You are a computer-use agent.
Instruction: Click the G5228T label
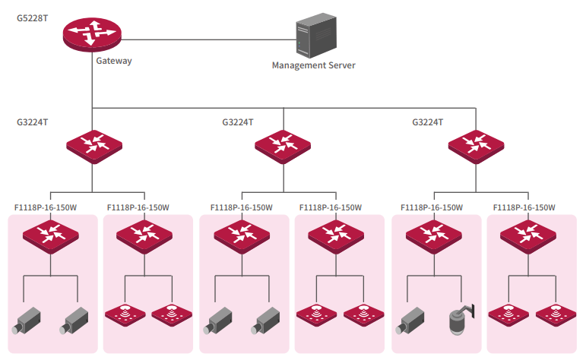click(32, 17)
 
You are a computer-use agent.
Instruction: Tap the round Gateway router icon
click(92, 33)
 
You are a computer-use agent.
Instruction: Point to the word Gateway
click(114, 61)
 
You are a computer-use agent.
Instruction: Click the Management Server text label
click(314, 65)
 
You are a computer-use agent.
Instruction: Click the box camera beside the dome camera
click(411, 320)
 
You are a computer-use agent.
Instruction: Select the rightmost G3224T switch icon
click(476, 144)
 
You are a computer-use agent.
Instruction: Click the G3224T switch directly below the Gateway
click(92, 144)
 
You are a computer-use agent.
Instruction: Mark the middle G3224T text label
click(238, 122)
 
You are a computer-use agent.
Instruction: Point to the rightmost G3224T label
click(428, 122)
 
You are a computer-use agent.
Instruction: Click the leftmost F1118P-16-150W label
click(46, 207)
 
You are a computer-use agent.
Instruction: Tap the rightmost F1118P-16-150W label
click(524, 207)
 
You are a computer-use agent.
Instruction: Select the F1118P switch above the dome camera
click(434, 235)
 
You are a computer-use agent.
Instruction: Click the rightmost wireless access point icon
click(552, 314)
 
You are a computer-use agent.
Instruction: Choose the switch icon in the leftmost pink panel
click(50, 235)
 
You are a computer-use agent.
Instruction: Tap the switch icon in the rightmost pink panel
click(528, 235)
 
